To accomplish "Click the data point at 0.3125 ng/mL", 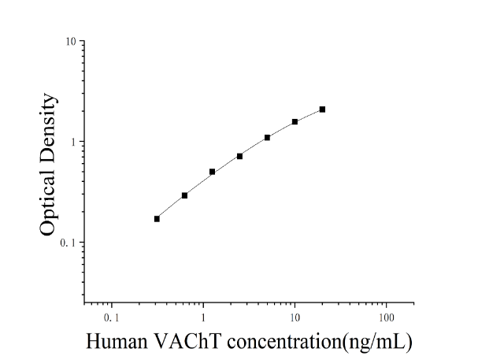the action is pos(157,219).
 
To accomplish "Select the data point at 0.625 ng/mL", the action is pos(184,195).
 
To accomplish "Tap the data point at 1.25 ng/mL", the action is pos(212,172).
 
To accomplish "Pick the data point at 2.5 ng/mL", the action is pos(239,157).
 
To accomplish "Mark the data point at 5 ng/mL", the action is pos(267,138).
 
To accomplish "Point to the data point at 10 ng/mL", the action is pos(295,122).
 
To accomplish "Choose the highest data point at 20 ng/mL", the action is pos(322,109).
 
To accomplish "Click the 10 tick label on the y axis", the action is pos(71,41).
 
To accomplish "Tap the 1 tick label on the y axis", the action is pos(73,142).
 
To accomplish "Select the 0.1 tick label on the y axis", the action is pos(68,243).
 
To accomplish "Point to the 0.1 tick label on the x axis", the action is pos(111,318).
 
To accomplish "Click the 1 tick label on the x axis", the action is pos(203,318).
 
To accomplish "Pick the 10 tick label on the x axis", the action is pos(295,318).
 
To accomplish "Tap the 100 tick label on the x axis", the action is pos(387,318).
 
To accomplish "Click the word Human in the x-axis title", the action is pos(117,341).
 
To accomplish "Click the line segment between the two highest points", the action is pos(309,116).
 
